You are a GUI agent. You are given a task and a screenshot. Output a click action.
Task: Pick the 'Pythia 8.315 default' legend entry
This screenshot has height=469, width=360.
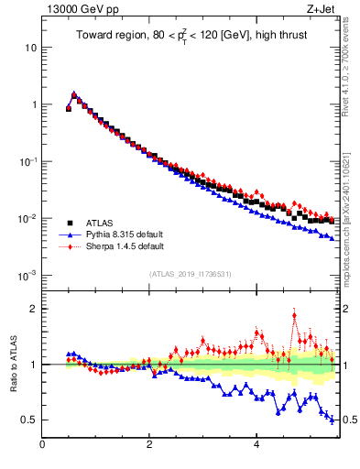[123, 234]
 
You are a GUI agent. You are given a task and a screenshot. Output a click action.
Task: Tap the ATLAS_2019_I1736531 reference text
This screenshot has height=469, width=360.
[191, 273]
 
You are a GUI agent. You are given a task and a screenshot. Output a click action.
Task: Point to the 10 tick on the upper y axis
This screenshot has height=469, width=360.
[30, 47]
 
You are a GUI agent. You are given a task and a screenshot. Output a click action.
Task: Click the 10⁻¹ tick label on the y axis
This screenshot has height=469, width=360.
[27, 161]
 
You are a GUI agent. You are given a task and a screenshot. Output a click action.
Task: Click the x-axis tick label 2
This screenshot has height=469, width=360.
[149, 445]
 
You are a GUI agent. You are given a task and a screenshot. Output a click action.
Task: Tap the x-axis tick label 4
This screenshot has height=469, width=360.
[256, 445]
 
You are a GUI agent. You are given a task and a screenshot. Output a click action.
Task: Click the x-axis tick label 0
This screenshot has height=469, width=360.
[42, 445]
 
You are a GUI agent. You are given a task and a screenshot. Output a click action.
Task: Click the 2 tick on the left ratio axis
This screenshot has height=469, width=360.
[33, 309]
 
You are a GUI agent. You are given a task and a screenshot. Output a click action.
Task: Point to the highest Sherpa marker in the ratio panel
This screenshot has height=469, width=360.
[294, 316]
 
